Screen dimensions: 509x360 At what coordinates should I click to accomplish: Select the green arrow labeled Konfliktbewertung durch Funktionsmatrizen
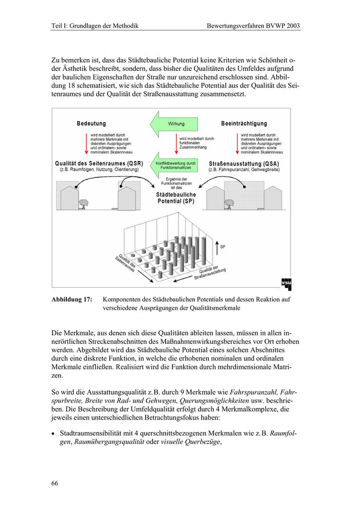(172, 165)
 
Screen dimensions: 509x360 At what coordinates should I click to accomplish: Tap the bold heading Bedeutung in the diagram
(92, 124)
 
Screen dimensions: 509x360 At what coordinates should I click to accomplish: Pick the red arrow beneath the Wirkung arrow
(176, 142)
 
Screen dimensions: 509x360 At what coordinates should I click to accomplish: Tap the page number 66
(55, 483)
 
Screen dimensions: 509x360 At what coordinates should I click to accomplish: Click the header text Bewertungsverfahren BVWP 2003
(253, 25)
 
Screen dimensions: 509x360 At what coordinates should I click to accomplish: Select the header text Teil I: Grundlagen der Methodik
(95, 25)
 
